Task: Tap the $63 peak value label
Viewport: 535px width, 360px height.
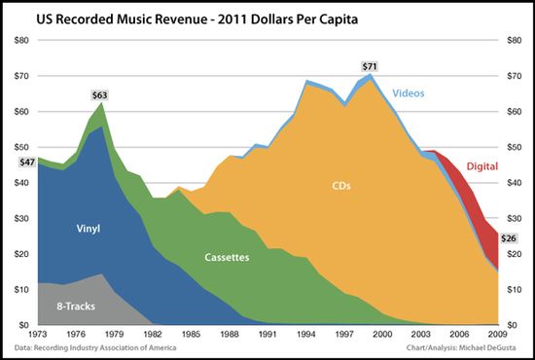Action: coord(101,95)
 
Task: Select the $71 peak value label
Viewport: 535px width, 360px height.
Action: coord(369,66)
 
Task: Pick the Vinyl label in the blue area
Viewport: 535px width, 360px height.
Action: coord(89,230)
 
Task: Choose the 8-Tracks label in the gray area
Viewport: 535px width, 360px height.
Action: coord(67,306)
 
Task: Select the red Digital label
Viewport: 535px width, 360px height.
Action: coord(482,166)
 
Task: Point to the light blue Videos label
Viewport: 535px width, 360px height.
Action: coord(410,94)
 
